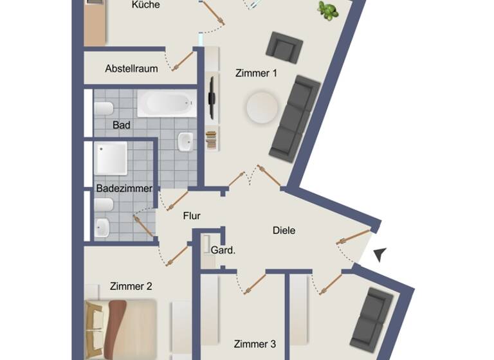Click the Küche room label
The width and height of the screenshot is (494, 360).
(145, 5)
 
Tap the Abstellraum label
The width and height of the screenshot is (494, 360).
(131, 69)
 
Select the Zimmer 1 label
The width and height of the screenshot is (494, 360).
(256, 73)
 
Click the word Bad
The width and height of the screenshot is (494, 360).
(122, 125)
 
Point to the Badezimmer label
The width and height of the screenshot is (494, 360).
(124, 188)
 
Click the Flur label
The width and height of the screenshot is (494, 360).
(192, 216)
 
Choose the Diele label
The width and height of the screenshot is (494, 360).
(284, 230)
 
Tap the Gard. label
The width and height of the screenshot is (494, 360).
(223, 250)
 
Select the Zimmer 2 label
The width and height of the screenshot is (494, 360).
(131, 286)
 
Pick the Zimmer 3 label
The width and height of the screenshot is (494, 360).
(255, 344)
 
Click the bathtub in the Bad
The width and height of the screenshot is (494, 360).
(167, 103)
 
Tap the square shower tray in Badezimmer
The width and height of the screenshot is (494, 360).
(112, 158)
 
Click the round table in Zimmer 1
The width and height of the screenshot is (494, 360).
(262, 107)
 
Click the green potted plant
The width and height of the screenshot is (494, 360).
(328, 10)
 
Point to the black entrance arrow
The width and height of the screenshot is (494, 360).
(380, 255)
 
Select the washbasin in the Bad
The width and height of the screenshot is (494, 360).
(185, 141)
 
